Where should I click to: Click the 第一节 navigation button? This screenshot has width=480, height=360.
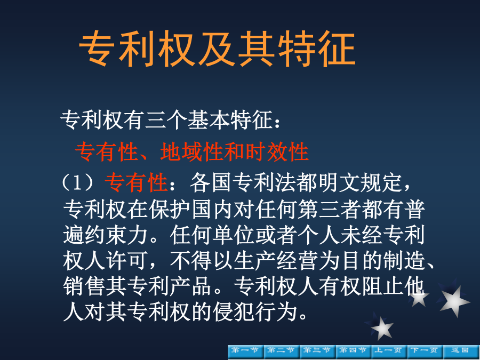tap(246, 351)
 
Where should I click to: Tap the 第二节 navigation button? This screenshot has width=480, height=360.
tap(282, 351)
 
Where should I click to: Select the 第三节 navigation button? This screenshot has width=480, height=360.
tap(317, 351)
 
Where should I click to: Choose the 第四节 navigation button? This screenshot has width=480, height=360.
tap(353, 351)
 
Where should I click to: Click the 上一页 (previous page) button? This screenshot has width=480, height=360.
tap(389, 351)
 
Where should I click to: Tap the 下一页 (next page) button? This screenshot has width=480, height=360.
tap(425, 351)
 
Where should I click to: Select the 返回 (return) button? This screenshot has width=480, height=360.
tap(461, 351)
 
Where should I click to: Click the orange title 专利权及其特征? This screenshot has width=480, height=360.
tap(217, 49)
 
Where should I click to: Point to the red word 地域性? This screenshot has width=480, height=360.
tap(191, 152)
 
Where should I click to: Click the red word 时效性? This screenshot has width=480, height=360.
tap(277, 152)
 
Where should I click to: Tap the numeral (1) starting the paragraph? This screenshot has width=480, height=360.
tap(78, 182)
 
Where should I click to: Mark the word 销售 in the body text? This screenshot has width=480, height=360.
tap(84, 287)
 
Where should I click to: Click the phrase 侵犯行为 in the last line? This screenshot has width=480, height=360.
tap(255, 312)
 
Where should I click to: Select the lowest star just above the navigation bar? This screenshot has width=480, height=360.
tap(381, 328)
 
